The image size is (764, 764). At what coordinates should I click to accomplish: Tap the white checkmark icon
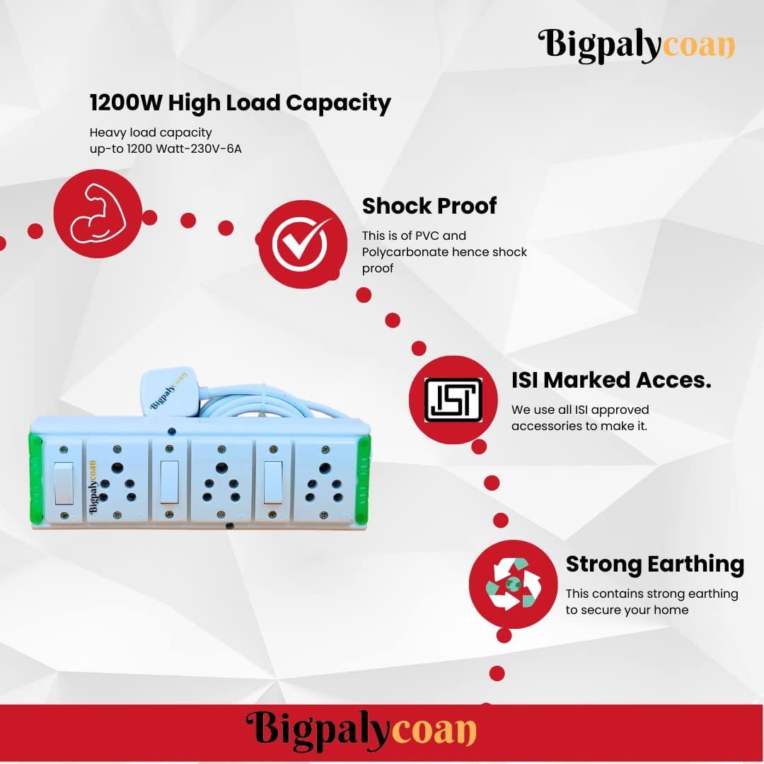tap(300, 241)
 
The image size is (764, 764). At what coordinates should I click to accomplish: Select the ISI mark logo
tap(453, 400)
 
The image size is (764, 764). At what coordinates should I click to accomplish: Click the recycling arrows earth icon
tap(512, 584)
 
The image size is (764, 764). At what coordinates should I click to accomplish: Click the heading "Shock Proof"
tap(429, 206)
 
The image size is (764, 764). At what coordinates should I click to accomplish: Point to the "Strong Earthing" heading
tap(654, 564)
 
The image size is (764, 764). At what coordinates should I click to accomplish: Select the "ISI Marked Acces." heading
tap(611, 380)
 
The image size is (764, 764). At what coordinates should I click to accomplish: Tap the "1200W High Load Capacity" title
tap(240, 103)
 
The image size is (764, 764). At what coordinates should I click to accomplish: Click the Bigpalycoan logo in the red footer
tap(361, 729)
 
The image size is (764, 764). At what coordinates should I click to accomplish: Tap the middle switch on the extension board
tap(168, 481)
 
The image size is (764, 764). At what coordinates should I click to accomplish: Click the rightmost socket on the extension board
tap(325, 482)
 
